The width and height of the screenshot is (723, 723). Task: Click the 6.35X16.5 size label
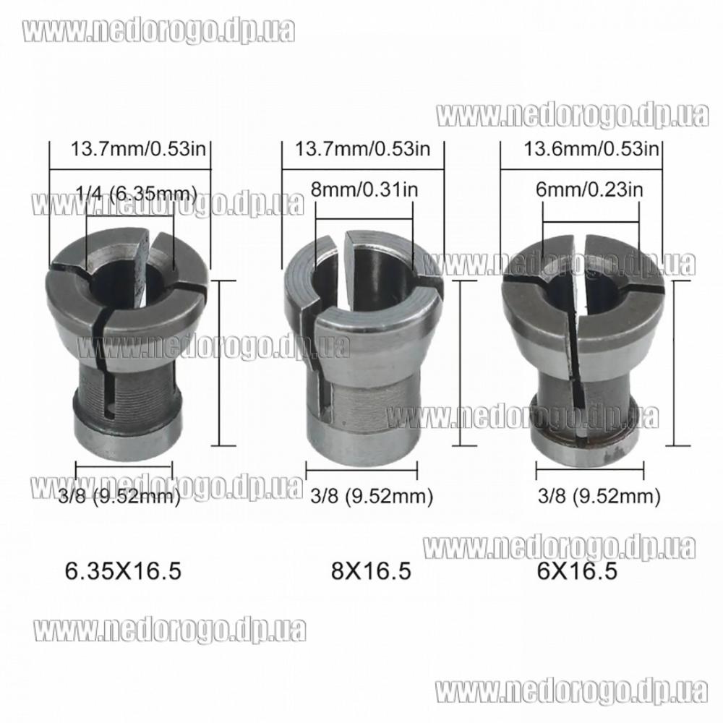[x=123, y=571]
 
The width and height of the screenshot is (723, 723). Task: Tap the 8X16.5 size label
[x=371, y=571]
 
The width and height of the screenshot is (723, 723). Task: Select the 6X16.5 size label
[x=577, y=571]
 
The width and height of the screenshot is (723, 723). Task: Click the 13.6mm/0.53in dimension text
[x=591, y=150]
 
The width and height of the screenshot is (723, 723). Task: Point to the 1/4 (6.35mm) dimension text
[x=137, y=193]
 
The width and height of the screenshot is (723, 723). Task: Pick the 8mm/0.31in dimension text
[x=364, y=189]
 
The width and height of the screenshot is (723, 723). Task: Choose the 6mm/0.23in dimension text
[x=589, y=189]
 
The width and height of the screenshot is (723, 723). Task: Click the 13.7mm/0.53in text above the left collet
[x=138, y=150]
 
